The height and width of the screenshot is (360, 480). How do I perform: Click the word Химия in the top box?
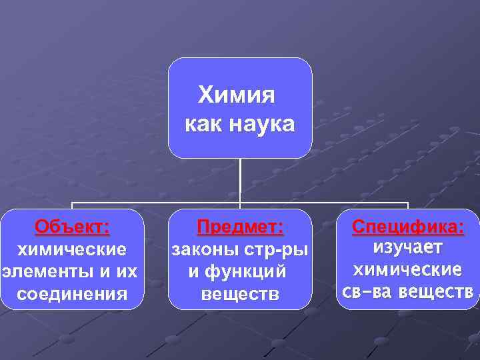coord(237,95)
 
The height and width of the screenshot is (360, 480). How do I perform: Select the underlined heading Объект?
coord(73,227)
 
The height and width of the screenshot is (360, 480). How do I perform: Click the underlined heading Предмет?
coord(241,227)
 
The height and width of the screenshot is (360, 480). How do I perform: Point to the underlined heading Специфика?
coord(408,227)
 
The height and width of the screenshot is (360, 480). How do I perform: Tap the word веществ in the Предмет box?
coord(240,293)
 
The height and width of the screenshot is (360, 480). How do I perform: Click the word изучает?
coord(407,247)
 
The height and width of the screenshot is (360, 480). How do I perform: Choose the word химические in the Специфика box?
coord(407,269)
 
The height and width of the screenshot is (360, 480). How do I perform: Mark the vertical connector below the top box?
coord(240,180)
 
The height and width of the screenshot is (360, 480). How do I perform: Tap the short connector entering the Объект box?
coord(72,205)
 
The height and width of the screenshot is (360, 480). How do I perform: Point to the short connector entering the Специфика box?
coord(407,205)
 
